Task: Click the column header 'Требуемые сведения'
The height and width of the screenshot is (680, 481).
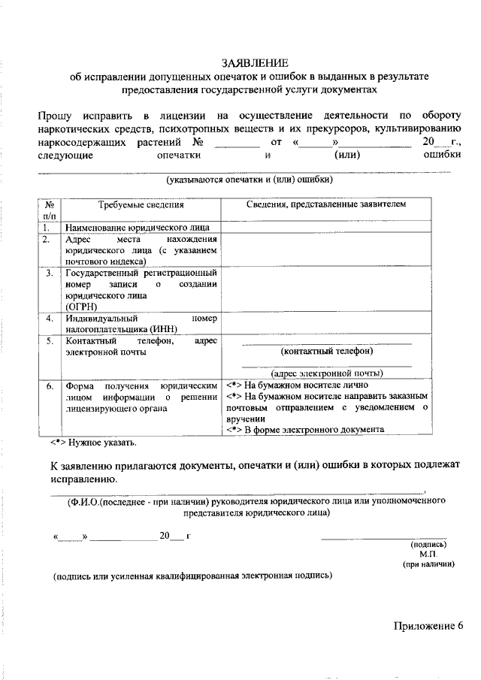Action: point(141,204)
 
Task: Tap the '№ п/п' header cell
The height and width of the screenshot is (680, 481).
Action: point(49,210)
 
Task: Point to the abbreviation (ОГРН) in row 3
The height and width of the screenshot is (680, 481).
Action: point(82,306)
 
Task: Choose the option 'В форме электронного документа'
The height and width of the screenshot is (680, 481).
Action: point(313,430)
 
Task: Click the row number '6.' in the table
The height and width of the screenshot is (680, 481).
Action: point(49,386)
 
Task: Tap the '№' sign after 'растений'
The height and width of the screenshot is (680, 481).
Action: point(199,142)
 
